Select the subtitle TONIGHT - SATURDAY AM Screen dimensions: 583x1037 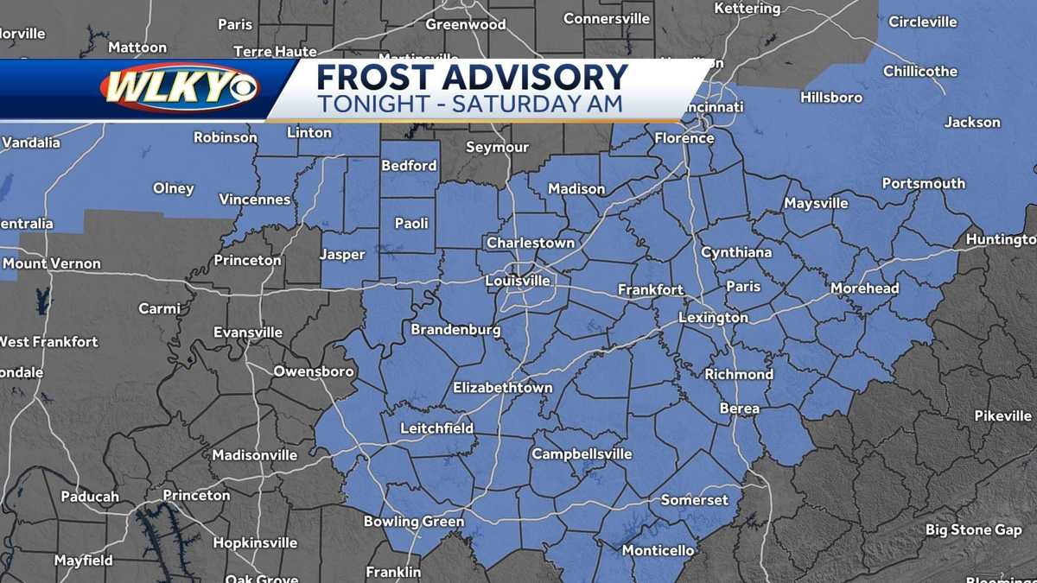click(x=469, y=104)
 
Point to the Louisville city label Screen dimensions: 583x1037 click(x=518, y=281)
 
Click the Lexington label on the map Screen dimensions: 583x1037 click(x=713, y=318)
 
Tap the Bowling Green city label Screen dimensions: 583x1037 click(x=413, y=522)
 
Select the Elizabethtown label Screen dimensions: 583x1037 click(x=502, y=388)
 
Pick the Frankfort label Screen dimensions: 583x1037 click(x=651, y=290)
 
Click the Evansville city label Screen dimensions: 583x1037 click(x=248, y=333)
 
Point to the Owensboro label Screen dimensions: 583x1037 click(x=314, y=371)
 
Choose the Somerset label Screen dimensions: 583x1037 click(x=695, y=500)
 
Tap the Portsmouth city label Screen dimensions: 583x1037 click(x=923, y=183)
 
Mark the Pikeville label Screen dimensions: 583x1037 click(x=1002, y=416)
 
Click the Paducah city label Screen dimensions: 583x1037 click(x=90, y=497)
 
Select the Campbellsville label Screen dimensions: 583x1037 click(x=582, y=454)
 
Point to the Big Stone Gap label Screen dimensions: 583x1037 click(x=973, y=530)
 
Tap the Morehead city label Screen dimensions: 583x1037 click(x=864, y=288)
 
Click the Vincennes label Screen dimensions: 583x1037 click(x=255, y=200)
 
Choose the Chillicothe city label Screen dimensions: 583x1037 click(x=919, y=72)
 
